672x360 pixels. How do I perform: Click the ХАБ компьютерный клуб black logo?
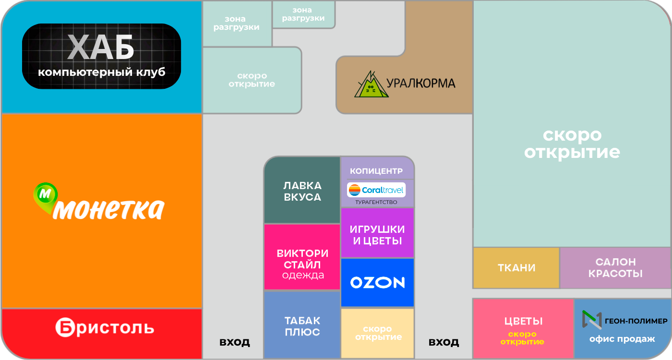101,56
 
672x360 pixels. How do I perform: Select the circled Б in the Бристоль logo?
64,327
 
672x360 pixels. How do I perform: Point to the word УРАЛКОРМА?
420,84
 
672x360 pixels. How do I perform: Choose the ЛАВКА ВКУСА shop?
302,190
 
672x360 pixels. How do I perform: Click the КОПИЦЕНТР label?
376,171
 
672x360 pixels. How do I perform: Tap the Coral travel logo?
376,190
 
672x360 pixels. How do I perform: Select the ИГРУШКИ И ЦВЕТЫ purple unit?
377,233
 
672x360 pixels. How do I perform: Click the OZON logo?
377,283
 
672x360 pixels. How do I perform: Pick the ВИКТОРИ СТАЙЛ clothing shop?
302,257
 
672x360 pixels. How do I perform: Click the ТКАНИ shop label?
516,268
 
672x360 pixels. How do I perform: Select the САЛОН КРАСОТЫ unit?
615,268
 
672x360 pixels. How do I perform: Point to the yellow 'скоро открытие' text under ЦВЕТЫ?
522,338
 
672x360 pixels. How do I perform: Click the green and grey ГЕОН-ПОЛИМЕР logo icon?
592,320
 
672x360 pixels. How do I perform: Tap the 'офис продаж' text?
622,339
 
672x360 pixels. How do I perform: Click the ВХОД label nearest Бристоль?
235,342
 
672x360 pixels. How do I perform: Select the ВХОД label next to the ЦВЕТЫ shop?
444,342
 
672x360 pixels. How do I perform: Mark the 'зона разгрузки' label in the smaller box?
303,14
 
